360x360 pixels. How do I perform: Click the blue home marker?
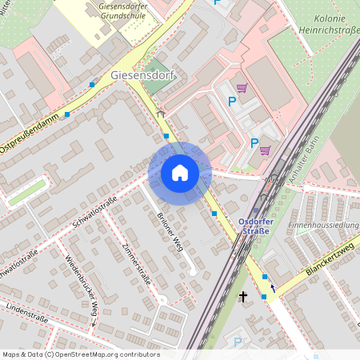click(x=179, y=172)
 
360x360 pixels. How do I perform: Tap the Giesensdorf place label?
click(x=142, y=76)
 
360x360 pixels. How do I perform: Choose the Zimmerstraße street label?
click(x=138, y=270)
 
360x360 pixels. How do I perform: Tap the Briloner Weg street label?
click(x=166, y=233)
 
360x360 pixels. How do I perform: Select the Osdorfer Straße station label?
click(x=256, y=226)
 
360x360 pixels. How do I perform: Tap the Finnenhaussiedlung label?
click(x=324, y=226)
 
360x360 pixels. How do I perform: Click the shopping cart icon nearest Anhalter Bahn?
click(x=265, y=150)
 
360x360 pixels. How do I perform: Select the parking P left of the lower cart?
click(x=254, y=143)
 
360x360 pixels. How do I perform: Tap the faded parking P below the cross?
click(x=237, y=342)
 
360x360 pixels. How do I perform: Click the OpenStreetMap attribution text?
click(x=80, y=354)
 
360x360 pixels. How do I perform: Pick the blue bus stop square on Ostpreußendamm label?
click(x=67, y=114)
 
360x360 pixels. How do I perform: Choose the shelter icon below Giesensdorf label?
click(x=160, y=114)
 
